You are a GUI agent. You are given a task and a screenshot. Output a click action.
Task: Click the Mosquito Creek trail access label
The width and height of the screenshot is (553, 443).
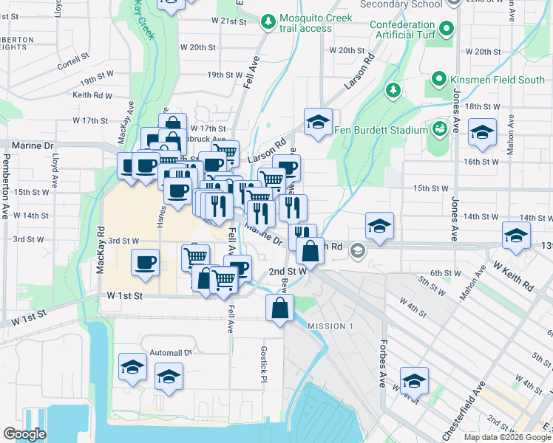tap(306, 23)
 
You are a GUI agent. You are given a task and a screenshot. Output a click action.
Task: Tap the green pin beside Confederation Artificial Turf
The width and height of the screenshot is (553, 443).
tap(447, 30)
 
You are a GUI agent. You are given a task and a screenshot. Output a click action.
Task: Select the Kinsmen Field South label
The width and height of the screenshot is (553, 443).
tap(498, 79)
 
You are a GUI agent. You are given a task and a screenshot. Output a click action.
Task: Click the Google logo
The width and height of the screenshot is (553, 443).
tap(24, 434)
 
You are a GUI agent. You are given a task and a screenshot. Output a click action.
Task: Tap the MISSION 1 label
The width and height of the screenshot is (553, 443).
tap(330, 326)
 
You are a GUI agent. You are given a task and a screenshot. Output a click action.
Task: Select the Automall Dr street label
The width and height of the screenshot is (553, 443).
tap(170, 352)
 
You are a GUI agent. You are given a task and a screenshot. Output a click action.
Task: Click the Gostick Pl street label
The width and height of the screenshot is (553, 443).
tap(262, 365)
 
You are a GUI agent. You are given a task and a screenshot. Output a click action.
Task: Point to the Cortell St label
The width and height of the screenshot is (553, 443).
tap(72, 61)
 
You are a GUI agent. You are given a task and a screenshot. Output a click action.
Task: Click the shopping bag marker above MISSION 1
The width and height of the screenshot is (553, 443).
tap(279, 309)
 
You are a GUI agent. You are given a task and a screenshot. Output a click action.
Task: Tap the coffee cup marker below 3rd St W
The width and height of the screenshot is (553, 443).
tap(145, 262)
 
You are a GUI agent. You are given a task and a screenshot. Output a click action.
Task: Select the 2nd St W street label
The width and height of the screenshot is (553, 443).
tap(287, 272)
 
